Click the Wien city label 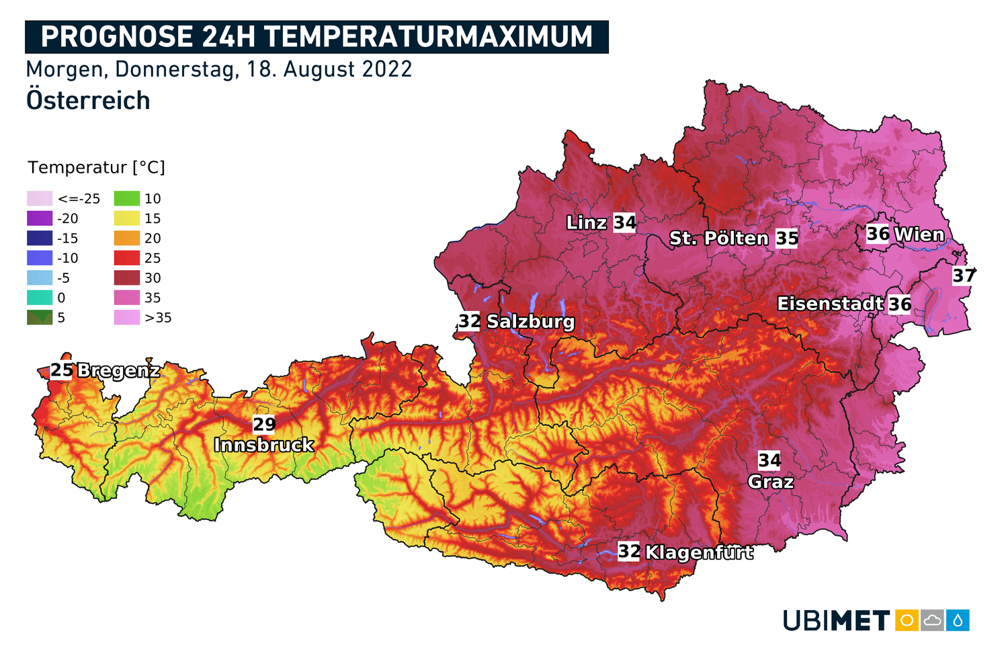pyautogui.click(x=919, y=234)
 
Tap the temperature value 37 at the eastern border pyautogui.click(x=964, y=275)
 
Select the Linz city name pyautogui.click(x=587, y=222)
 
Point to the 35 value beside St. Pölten pyautogui.click(x=787, y=239)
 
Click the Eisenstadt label pyautogui.click(x=830, y=304)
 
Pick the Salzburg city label pyautogui.click(x=530, y=322)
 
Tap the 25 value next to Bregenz pyautogui.click(x=62, y=370)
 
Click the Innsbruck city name pyautogui.click(x=263, y=445)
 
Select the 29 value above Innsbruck pyautogui.click(x=264, y=424)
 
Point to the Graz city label pyautogui.click(x=771, y=482)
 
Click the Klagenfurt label pyautogui.click(x=699, y=552)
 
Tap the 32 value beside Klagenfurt pyautogui.click(x=629, y=552)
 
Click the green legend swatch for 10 pyautogui.click(x=127, y=198)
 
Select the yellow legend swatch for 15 pyautogui.click(x=127, y=218)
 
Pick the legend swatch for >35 pyautogui.click(x=127, y=318)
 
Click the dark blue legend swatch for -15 pyautogui.click(x=40, y=238)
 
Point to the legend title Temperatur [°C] pyautogui.click(x=96, y=167)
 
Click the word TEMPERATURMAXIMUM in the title pyautogui.click(x=428, y=37)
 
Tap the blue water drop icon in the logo pyautogui.click(x=958, y=620)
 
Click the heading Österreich pyautogui.click(x=88, y=101)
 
